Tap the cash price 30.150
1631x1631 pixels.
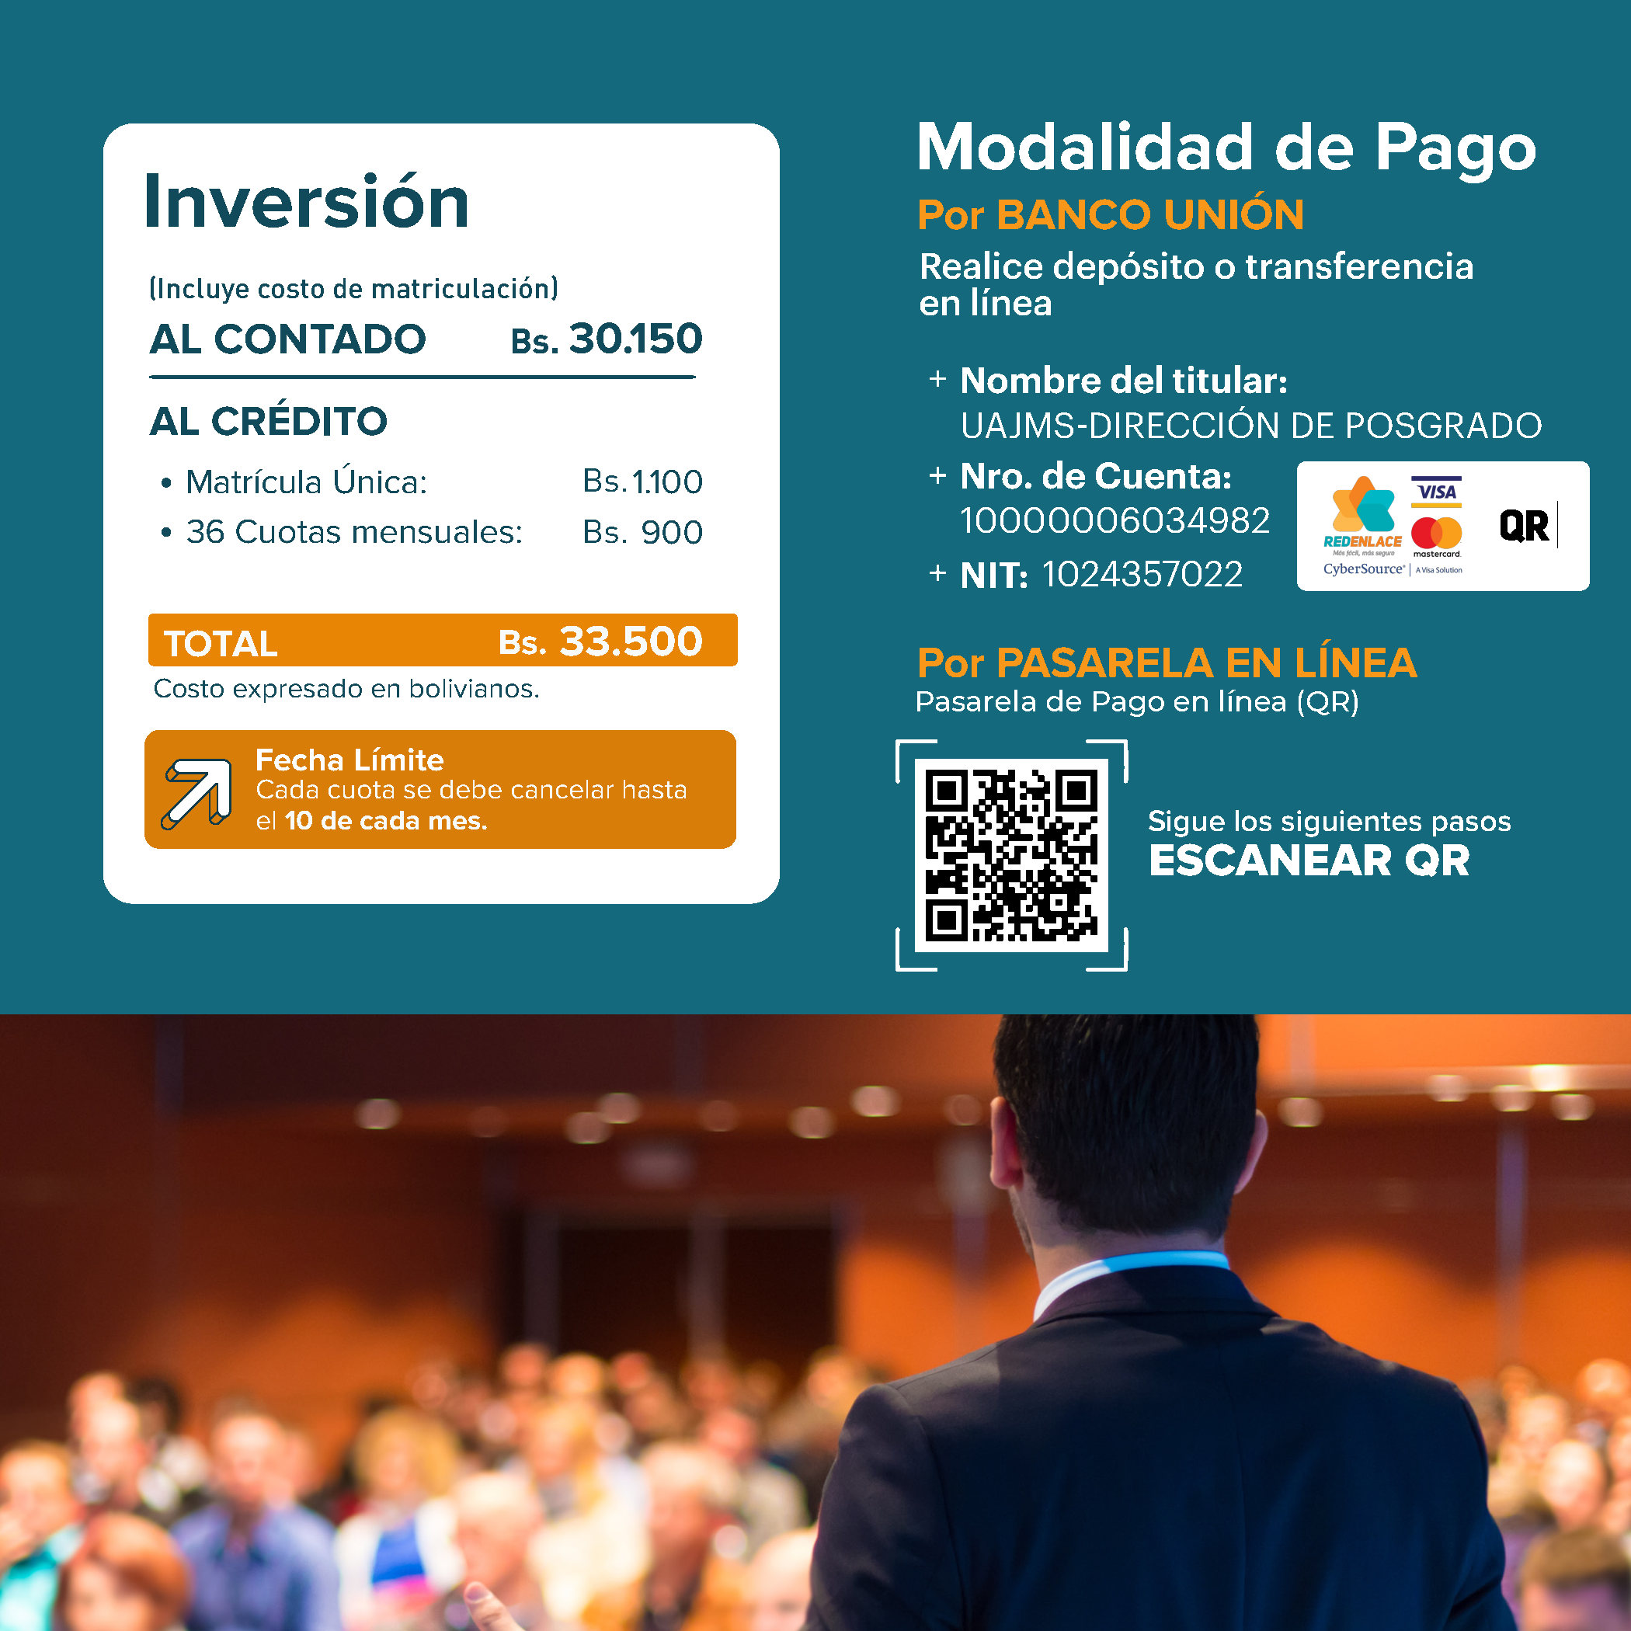click(x=635, y=339)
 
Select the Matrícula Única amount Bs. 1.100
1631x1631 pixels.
click(x=642, y=482)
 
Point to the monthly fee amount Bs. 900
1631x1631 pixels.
click(x=642, y=532)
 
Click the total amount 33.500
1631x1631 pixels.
click(x=631, y=641)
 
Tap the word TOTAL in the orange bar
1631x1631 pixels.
click(x=221, y=643)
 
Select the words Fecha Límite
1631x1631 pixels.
click(x=349, y=760)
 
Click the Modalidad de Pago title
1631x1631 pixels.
click(x=1226, y=148)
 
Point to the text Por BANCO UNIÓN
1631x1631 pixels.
click(x=1111, y=214)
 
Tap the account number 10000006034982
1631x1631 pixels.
click(x=1115, y=521)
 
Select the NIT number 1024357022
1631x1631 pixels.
click(x=1142, y=574)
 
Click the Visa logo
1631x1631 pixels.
click(x=1436, y=492)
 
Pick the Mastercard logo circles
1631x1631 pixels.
click(x=1436, y=533)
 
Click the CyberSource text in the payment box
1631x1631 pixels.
click(x=1363, y=569)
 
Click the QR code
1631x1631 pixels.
click(x=1011, y=855)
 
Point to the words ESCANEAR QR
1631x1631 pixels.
click(x=1309, y=861)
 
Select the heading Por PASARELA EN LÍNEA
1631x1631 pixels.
click(x=1167, y=662)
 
